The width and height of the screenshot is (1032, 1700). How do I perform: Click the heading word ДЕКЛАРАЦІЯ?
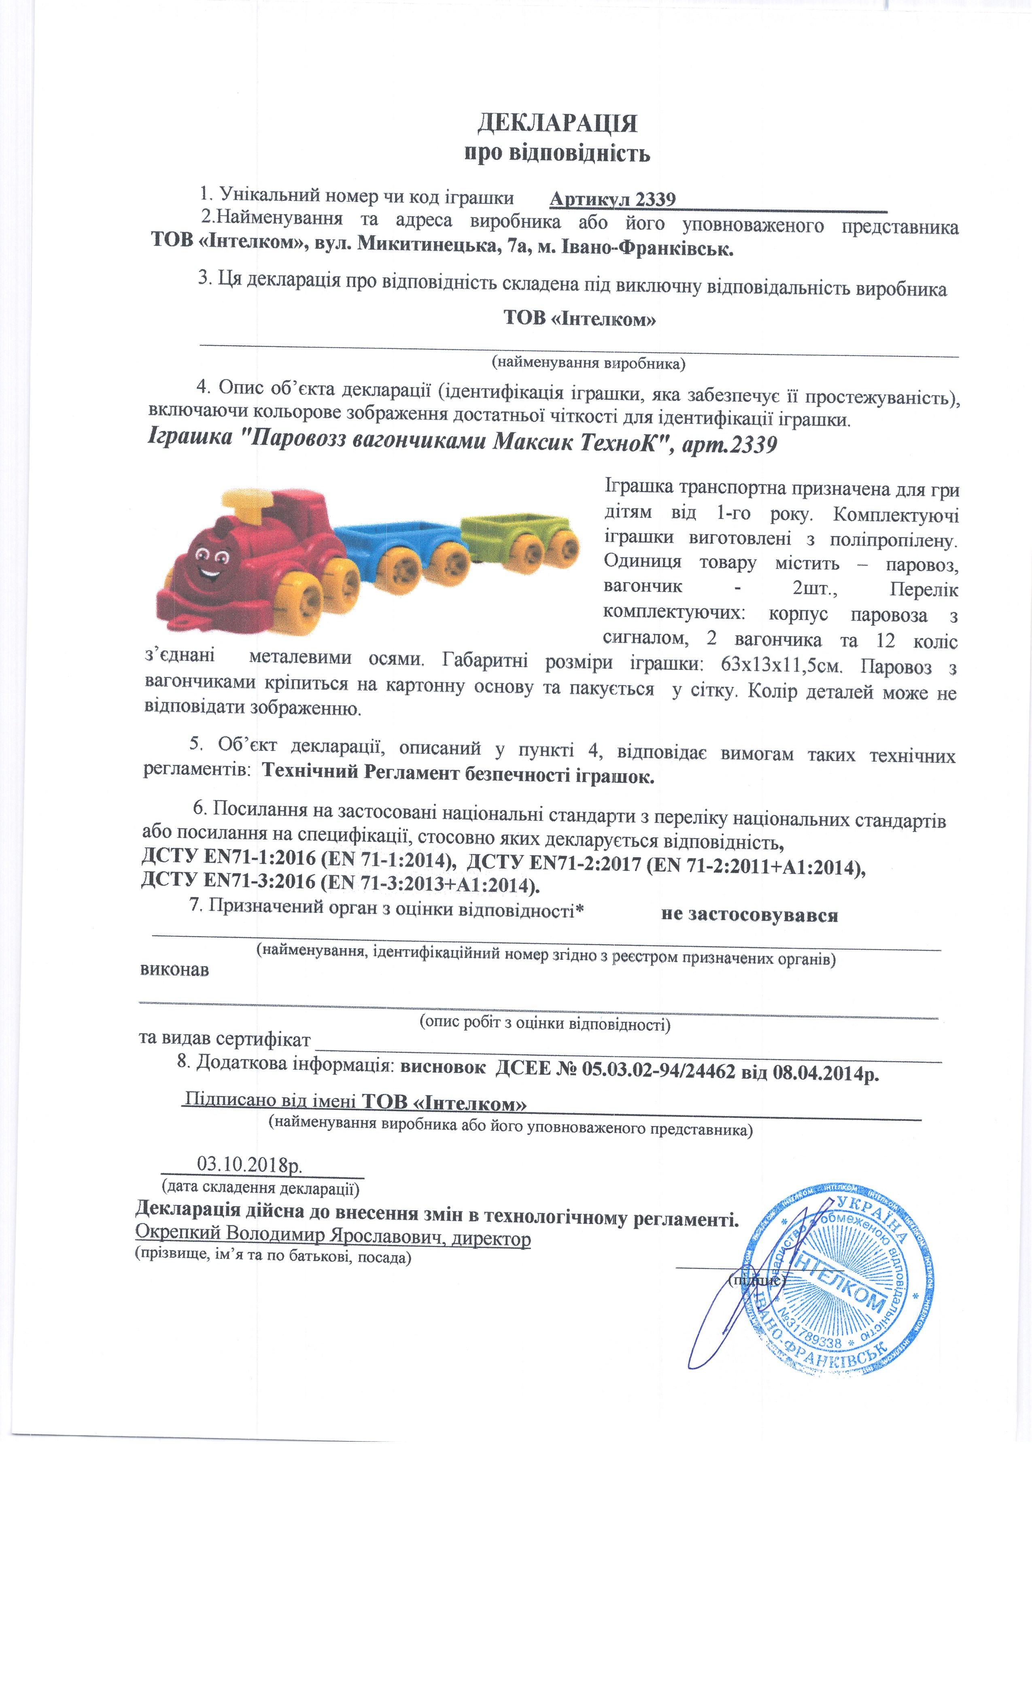point(557,123)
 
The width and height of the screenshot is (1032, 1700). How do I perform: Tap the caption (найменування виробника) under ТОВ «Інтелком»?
point(588,361)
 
